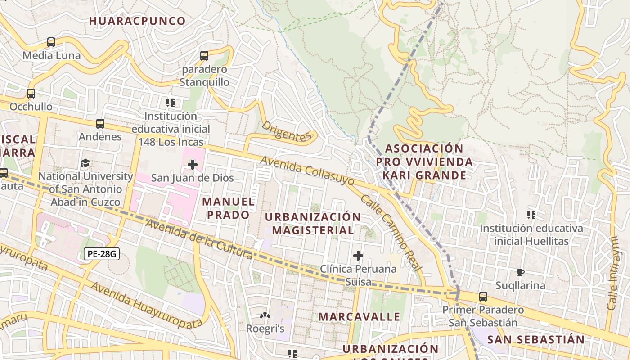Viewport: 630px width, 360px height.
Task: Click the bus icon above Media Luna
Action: tap(51, 42)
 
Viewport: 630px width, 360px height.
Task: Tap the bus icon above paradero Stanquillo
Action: tap(204, 56)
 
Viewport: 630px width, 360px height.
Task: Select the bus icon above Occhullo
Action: tap(31, 94)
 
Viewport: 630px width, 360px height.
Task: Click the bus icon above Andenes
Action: tap(100, 123)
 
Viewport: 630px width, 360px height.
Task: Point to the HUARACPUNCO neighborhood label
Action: tap(137, 21)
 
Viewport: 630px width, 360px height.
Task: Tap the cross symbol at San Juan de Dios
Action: tap(192, 165)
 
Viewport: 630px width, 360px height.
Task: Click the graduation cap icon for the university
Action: tap(85, 163)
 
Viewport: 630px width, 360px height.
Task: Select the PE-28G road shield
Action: tap(101, 254)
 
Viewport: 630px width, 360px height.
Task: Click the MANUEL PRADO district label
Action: tap(229, 208)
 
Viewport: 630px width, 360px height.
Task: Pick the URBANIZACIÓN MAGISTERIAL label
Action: tap(313, 224)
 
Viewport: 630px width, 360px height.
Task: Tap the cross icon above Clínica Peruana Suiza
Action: tap(358, 256)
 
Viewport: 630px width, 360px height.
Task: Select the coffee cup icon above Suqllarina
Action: tap(520, 272)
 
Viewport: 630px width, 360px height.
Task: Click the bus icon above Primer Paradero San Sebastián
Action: tap(483, 297)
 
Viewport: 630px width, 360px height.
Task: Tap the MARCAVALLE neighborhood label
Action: tap(359, 316)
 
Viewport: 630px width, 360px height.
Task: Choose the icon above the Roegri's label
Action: tap(265, 316)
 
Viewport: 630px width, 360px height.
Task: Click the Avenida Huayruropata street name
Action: tap(146, 305)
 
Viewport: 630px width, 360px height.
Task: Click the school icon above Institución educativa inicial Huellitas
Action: tap(531, 215)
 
